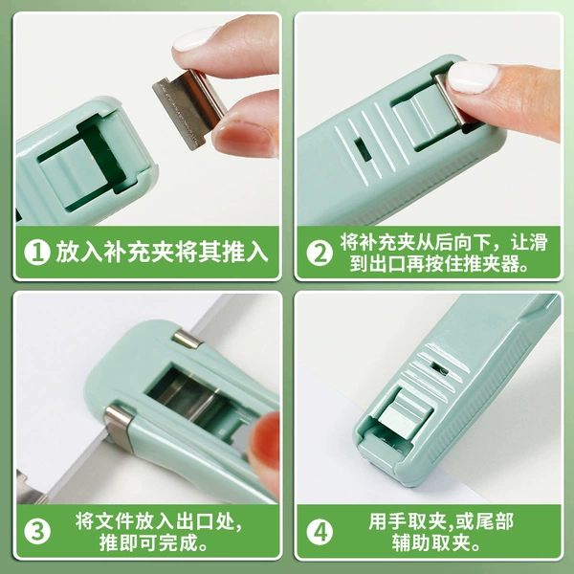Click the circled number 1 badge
pyautogui.click(x=37, y=253)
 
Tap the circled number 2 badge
pyautogui.click(x=320, y=253)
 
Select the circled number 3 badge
pyautogui.click(x=37, y=532)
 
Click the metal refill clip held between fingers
pyautogui.click(x=189, y=108)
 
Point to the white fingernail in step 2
pyautogui.click(x=473, y=77)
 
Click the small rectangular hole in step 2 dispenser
pyautogui.click(x=363, y=149)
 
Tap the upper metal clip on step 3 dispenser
pyautogui.click(x=188, y=339)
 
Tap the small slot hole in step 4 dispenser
pyautogui.click(x=440, y=368)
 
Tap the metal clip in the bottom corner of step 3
pyautogui.click(x=30, y=489)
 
